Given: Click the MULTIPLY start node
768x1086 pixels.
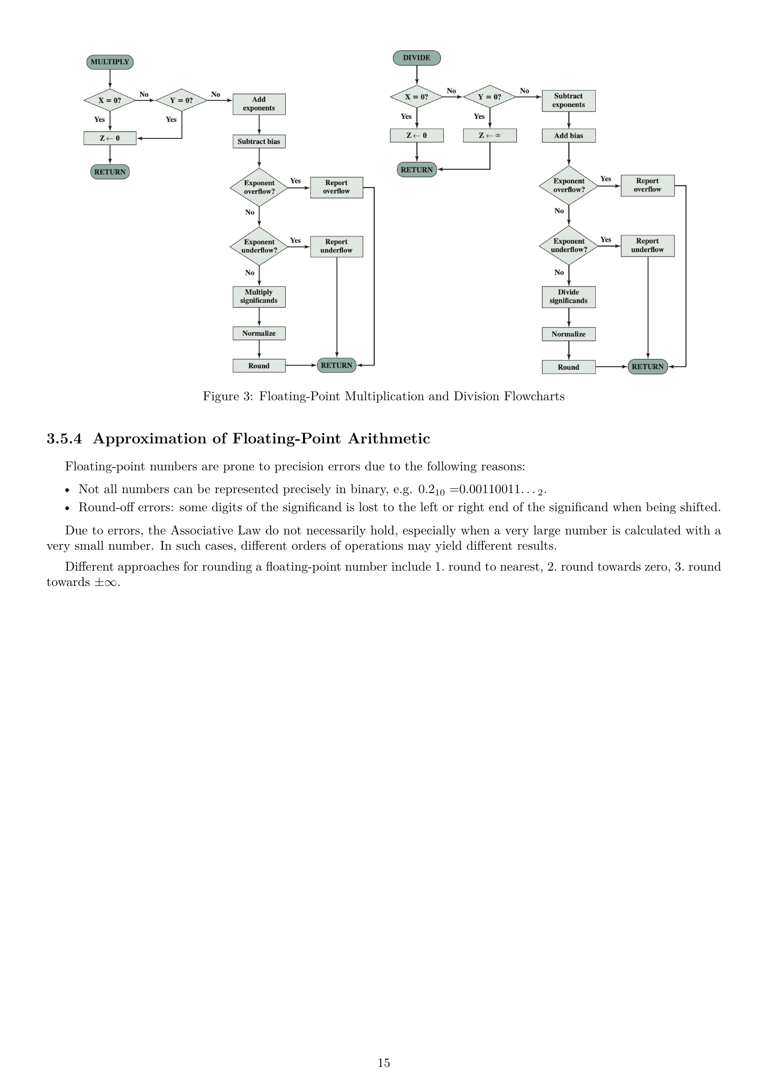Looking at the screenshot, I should click(110, 62).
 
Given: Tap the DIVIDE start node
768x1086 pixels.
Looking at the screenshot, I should click(417, 58).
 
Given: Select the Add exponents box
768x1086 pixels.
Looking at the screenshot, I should click(259, 104).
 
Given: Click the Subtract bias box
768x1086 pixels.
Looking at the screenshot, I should click(259, 142).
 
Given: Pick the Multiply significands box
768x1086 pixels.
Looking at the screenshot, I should click(259, 297).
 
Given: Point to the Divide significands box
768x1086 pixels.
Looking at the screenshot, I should click(568, 297).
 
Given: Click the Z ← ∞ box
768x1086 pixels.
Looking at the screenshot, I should click(489, 136).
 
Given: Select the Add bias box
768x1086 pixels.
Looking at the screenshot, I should click(568, 136).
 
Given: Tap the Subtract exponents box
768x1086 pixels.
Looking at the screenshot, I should click(568, 101).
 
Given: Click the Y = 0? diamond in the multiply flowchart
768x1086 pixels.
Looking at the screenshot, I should click(182, 100).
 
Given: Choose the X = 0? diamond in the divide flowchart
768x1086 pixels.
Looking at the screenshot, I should click(417, 97).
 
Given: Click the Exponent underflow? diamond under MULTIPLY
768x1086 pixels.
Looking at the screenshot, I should click(259, 247).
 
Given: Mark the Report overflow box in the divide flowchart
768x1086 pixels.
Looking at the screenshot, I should click(647, 185).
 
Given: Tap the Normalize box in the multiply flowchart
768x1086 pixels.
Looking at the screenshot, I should click(259, 333).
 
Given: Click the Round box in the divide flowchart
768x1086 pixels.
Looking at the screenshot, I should click(568, 367).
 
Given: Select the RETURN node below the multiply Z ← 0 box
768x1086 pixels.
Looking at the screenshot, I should click(110, 172).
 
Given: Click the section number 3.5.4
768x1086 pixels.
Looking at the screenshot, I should click(64, 438).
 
